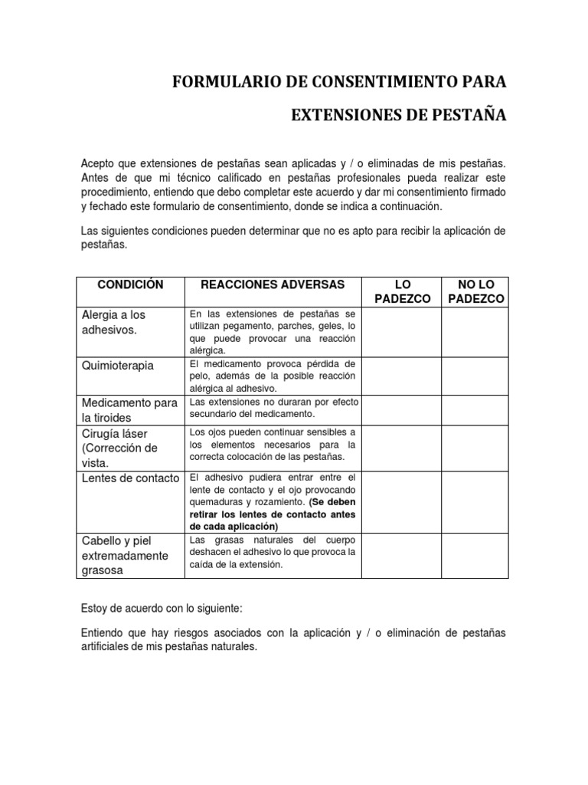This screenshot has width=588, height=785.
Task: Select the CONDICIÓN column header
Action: point(131,284)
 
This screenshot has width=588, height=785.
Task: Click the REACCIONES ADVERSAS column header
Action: point(273,284)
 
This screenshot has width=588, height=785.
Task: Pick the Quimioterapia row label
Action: point(117,366)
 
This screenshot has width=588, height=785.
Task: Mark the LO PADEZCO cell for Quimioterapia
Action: point(402,376)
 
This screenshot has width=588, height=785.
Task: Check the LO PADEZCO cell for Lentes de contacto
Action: point(402,502)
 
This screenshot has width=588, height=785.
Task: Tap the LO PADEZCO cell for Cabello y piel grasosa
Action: point(402,556)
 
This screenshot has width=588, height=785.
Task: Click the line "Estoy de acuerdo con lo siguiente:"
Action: point(161,608)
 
